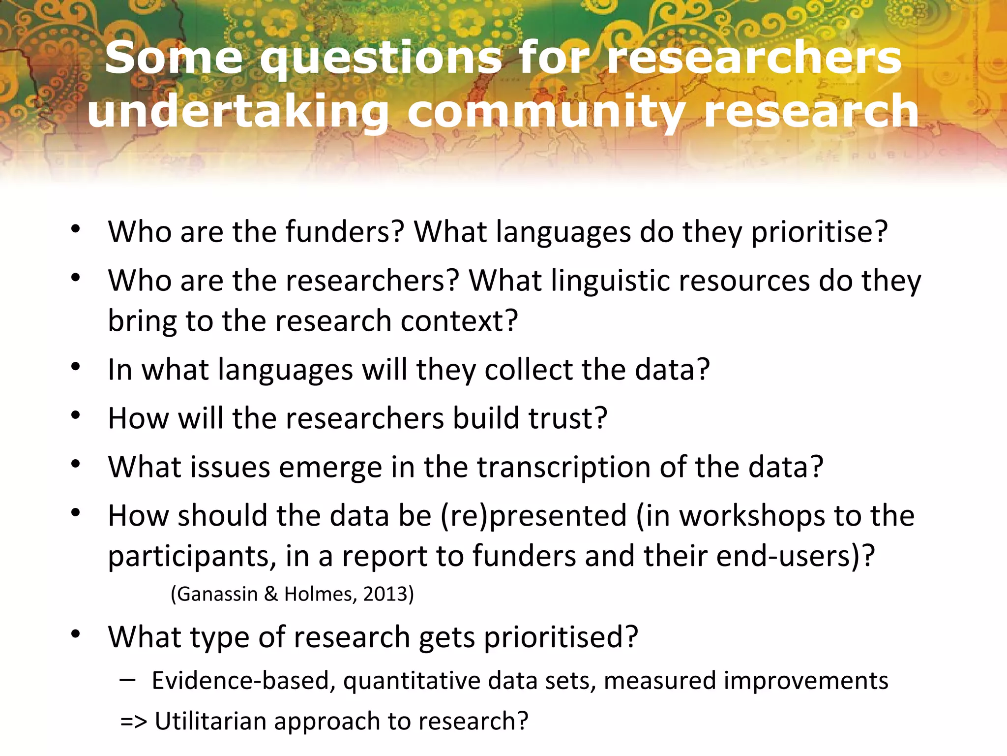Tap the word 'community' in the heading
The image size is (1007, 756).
(x=546, y=112)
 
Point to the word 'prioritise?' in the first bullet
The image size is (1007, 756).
(x=819, y=232)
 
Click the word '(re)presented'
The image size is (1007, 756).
(x=533, y=516)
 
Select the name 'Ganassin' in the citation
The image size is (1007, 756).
(x=217, y=594)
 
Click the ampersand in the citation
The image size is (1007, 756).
(x=271, y=594)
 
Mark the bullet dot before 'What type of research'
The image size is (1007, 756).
(x=75, y=634)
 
